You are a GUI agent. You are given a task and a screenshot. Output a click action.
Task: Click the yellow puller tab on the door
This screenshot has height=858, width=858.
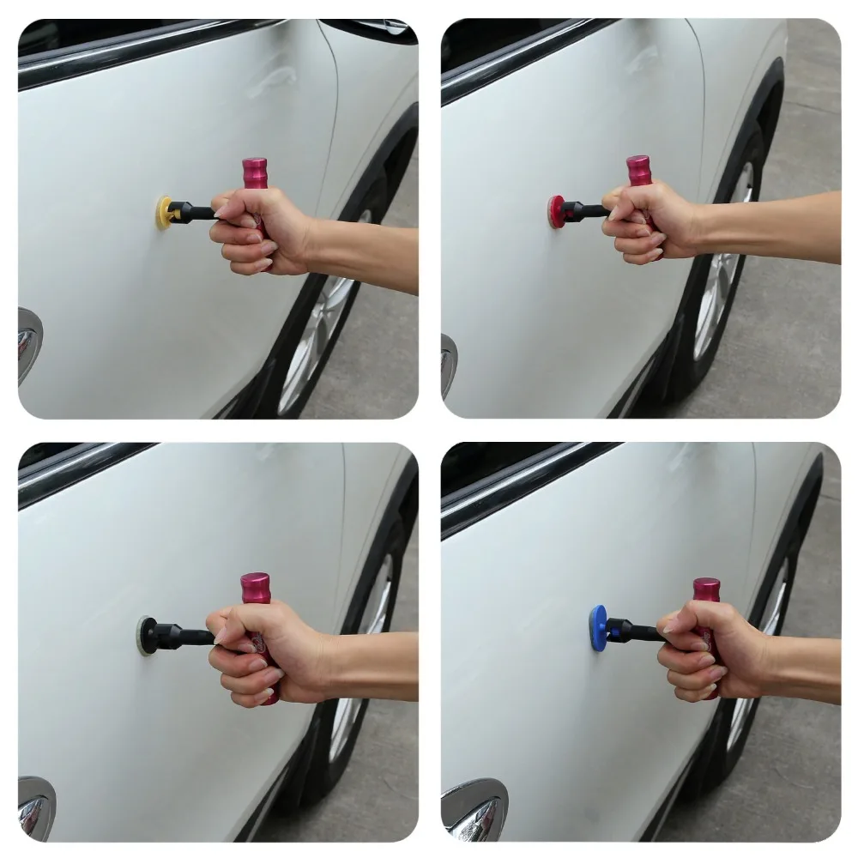point(164,212)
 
